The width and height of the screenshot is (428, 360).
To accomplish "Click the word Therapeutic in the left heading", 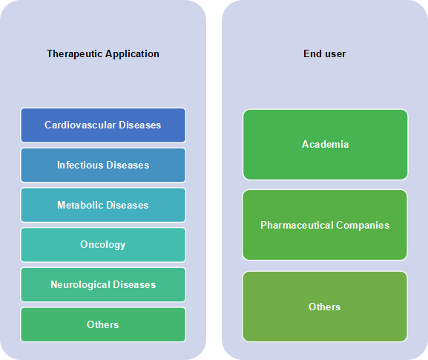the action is tap(75, 53).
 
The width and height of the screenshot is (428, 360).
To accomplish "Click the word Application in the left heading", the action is tap(132, 53).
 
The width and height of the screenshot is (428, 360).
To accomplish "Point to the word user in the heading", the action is tap(335, 53).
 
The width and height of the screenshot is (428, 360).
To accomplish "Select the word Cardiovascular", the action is tap(80, 125).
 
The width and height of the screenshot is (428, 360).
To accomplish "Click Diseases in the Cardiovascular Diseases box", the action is tap(139, 125).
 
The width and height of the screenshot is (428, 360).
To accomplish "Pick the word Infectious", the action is tap(80, 165).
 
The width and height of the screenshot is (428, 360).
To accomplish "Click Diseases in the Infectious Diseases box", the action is tap(128, 165).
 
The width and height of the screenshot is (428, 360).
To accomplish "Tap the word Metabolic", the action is tap(80, 205).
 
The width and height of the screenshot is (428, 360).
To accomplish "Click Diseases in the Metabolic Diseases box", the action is tap(128, 205).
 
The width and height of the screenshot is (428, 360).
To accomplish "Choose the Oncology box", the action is tap(103, 245).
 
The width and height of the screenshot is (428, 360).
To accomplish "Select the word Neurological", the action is tap(80, 284).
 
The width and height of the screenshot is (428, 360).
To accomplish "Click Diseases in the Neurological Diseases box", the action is tap(134, 284).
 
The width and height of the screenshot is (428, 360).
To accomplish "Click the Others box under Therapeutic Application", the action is tap(103, 324).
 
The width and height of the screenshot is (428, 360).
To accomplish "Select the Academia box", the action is tap(326, 145).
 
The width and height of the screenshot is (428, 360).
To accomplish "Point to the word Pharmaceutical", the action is tap(297, 225).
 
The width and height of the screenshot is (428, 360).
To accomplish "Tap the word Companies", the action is tap(363, 226).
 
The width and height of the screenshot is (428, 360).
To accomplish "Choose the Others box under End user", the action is tap(325, 307).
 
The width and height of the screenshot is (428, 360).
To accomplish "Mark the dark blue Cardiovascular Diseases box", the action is tap(103, 125).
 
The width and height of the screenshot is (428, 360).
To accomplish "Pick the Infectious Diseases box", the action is tap(103, 165).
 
